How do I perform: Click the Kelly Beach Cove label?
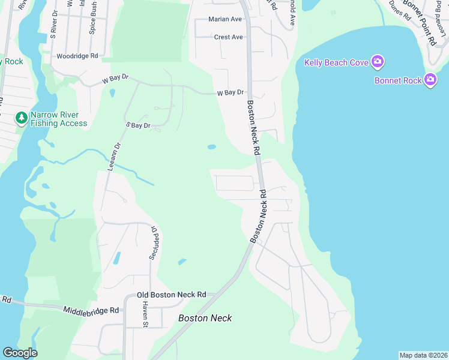coord(336,62)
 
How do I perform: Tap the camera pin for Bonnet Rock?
coord(430,79)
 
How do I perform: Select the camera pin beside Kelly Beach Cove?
coord(378,61)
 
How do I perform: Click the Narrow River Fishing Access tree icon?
coord(22,118)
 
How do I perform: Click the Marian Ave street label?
coord(224,19)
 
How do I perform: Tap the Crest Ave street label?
coord(228,37)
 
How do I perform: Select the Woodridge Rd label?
coord(77,56)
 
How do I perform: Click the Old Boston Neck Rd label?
coord(171,295)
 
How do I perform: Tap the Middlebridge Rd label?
coord(91,310)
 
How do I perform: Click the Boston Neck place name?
coord(205,318)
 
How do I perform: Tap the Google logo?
coord(19,353)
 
